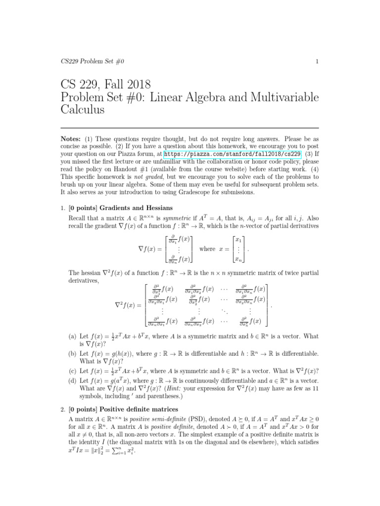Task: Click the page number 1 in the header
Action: tap(316, 61)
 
